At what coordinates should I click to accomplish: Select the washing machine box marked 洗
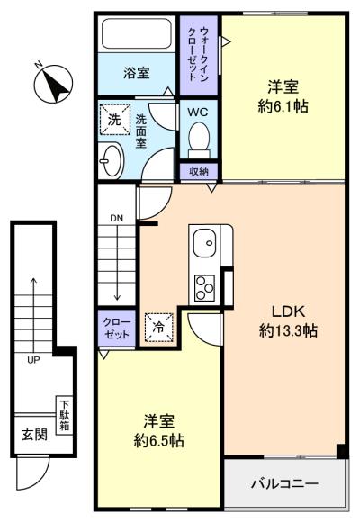(x=114, y=118)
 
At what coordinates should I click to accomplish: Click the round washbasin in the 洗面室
(x=112, y=159)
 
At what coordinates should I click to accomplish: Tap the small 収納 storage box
(x=198, y=171)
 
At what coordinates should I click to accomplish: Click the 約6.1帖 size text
(x=282, y=106)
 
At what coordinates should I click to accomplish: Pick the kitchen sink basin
(x=204, y=242)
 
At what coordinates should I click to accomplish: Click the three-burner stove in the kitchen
(x=202, y=287)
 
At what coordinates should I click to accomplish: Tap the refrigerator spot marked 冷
(x=158, y=328)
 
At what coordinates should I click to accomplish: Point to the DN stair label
(x=117, y=218)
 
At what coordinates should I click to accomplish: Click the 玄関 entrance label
(x=34, y=435)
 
